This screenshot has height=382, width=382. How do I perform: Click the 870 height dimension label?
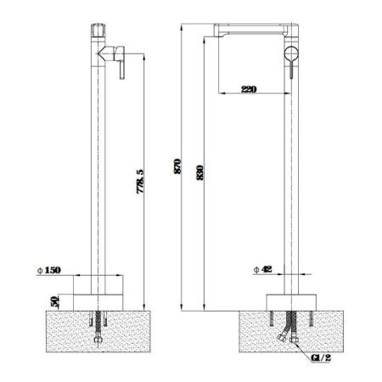(177, 166)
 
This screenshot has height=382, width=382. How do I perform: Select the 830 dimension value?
(199, 172)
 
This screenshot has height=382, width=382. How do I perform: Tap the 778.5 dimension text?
(141, 182)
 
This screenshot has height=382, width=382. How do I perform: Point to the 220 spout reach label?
(249, 89)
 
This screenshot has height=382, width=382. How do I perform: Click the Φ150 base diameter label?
(49, 270)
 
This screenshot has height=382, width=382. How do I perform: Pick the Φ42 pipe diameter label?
(263, 269)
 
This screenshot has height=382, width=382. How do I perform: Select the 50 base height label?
(55, 301)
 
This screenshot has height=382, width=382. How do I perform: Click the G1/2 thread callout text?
(321, 357)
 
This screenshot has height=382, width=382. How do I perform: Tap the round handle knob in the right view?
(291, 53)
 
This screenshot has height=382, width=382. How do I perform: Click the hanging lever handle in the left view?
(121, 70)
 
